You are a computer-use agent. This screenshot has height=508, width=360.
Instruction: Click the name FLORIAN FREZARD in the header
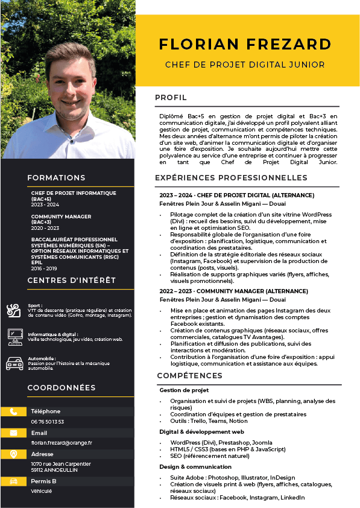coord(245,45)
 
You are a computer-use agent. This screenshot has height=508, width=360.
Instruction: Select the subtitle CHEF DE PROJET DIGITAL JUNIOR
coord(245,65)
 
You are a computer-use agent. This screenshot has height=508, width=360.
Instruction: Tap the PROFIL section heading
coord(171,98)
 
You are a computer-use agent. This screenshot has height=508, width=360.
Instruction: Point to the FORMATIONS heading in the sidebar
coord(56,178)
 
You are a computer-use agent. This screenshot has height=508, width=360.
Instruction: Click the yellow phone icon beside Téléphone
coord(13,411)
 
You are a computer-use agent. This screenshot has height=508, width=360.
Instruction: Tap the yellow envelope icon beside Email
coord(13,433)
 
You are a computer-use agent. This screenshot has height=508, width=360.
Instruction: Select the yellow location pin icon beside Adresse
coord(13,454)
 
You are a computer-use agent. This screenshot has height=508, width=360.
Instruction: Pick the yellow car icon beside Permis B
coord(13,481)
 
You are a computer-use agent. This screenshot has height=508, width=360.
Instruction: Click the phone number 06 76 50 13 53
coord(48,422)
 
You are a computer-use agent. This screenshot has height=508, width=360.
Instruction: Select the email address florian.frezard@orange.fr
coord(62,443)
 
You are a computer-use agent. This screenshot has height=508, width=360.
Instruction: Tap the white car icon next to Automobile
coord(14,363)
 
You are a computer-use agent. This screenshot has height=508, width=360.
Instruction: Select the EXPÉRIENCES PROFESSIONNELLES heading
coord(231,178)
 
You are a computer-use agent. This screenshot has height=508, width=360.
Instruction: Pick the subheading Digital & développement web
coord(201,432)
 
